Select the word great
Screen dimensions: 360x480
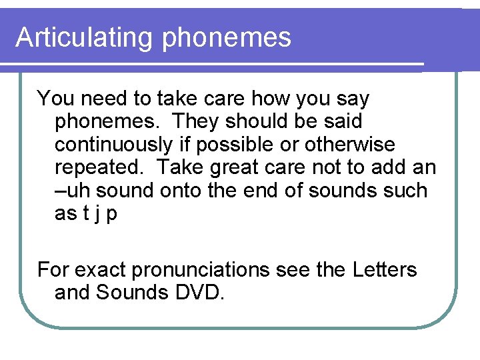249,167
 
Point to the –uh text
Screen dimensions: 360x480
69,191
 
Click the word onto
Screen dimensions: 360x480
183,191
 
